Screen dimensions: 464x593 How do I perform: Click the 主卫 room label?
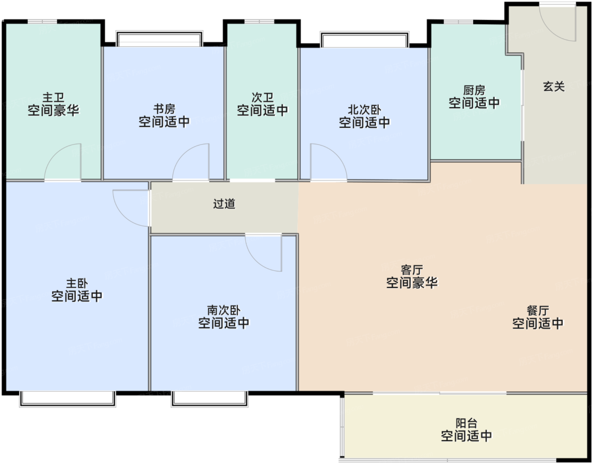point(53,98)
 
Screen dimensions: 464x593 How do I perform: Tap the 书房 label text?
point(164,109)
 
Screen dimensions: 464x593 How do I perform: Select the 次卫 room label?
point(262,98)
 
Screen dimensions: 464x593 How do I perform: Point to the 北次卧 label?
point(364,110)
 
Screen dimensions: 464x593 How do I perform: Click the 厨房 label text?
point(474,90)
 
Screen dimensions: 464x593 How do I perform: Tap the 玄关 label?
point(554,87)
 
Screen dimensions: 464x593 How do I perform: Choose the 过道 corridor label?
point(224,204)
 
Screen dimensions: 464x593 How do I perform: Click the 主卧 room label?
point(77,283)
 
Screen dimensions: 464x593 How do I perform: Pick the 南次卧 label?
point(224,310)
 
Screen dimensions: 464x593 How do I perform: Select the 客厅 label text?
point(412,270)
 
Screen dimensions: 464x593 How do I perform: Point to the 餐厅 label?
point(538,311)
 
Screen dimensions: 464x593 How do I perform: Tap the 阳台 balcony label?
point(466,423)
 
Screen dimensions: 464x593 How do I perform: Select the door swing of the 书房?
point(192,163)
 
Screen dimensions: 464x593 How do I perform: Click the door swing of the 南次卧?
point(265,252)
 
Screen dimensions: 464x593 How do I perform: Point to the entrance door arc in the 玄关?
point(558,23)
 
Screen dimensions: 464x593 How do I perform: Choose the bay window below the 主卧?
point(67,398)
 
